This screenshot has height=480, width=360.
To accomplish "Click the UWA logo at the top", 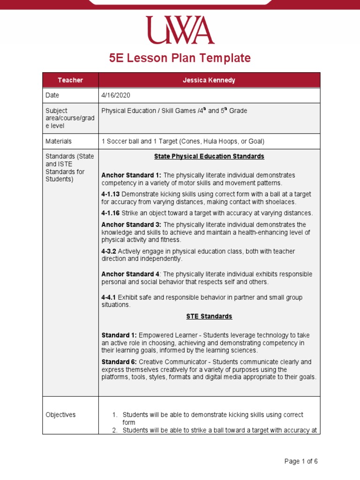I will [x=180, y=30].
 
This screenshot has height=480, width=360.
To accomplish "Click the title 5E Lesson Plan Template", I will [x=180, y=58].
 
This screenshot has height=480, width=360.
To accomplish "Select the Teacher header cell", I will [x=70, y=80].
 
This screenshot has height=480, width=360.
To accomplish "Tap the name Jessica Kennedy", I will [x=209, y=80].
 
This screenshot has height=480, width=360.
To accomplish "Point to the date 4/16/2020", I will [x=116, y=95].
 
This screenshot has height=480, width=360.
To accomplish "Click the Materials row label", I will [x=58, y=141].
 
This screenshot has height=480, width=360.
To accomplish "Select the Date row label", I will [x=52, y=95].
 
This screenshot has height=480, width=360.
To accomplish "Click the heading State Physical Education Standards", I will [x=209, y=156].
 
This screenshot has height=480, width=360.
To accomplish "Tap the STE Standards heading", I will [x=209, y=316].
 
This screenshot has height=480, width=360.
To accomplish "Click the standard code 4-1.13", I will [x=111, y=194].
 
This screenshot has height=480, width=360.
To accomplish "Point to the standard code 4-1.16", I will [x=111, y=213].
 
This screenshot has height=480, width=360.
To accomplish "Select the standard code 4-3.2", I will [x=109, y=251].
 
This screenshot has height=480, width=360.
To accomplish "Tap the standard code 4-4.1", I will [x=109, y=297].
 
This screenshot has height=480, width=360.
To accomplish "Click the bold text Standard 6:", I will [x=119, y=362].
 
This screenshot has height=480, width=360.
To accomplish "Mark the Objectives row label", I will [x=60, y=415].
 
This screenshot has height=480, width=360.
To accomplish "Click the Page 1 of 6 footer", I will [x=301, y=461].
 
